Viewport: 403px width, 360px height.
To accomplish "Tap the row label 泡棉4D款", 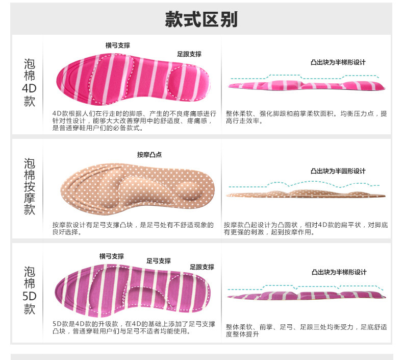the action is [x=30, y=83].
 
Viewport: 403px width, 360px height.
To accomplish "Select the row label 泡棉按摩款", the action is [x=30, y=186].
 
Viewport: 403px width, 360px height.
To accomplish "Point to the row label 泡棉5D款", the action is [x=30, y=290].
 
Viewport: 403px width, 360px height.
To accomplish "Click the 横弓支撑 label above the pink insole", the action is [x=118, y=45].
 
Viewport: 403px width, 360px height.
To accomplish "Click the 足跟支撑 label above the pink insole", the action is [x=189, y=54].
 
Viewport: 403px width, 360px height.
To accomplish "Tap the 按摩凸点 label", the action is [x=149, y=154].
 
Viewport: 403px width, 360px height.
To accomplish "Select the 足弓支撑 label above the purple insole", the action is [x=159, y=260].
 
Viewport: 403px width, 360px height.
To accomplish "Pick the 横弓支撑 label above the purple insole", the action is [x=112, y=256].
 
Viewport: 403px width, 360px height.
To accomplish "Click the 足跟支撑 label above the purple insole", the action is [x=202, y=267].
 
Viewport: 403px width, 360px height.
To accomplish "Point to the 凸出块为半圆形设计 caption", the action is [x=338, y=171].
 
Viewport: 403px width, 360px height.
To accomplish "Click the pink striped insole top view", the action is [x=135, y=82].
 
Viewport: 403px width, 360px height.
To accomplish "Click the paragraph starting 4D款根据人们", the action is [x=134, y=121].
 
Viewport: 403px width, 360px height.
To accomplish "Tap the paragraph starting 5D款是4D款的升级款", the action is [x=134, y=327].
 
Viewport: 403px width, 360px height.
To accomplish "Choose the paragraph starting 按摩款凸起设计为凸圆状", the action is [x=306, y=228].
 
